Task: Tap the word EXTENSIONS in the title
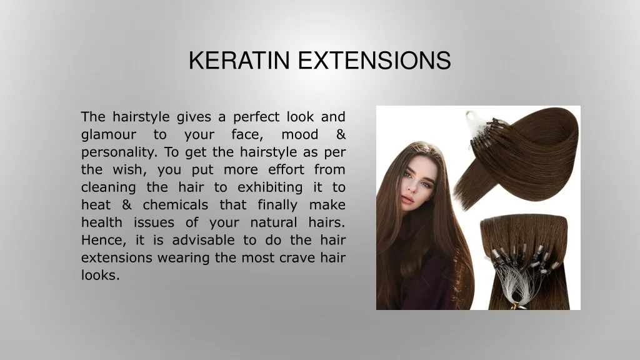(374, 61)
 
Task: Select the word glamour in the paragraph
(109, 135)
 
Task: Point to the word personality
(119, 152)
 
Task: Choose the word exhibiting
(270, 187)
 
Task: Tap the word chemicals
(176, 204)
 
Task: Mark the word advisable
(203, 239)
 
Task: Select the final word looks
(101, 275)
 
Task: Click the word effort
(286, 169)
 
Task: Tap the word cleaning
(109, 187)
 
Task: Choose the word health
(102, 222)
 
